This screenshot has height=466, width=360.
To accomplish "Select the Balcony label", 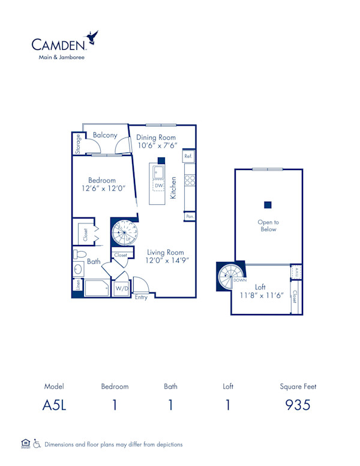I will click(x=105, y=136).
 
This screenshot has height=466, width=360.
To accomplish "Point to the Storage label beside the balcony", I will click(x=78, y=143).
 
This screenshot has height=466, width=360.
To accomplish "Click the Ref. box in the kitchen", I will click(x=188, y=156).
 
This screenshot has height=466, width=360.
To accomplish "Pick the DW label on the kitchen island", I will click(x=158, y=186).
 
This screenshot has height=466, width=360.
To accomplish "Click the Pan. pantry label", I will click(x=190, y=216).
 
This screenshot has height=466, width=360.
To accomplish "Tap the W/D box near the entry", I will click(x=122, y=289).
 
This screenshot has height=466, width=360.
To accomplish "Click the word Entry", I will click(x=141, y=297).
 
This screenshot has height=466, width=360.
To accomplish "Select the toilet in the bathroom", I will click(x=79, y=270).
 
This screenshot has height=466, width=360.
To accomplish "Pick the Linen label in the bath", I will click(x=78, y=286).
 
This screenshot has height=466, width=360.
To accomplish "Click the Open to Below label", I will click(x=268, y=226).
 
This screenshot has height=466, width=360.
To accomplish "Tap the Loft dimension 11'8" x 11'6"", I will click(x=260, y=295).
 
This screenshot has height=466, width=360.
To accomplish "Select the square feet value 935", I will click(x=298, y=405).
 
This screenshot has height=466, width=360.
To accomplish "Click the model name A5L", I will click(x=54, y=405).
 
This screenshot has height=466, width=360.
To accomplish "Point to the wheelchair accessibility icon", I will click(x=37, y=444).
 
